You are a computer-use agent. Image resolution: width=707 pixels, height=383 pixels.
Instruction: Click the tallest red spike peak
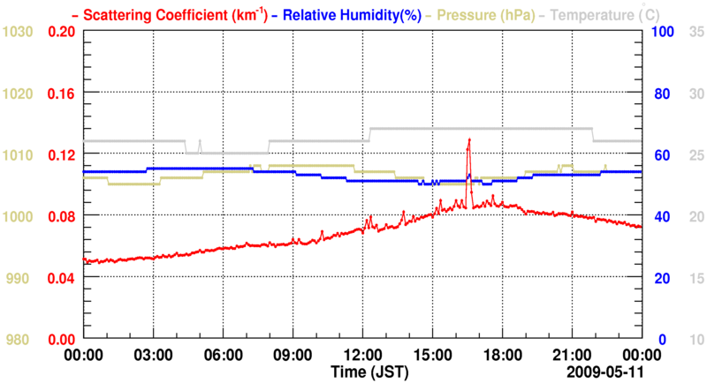click(x=469, y=139)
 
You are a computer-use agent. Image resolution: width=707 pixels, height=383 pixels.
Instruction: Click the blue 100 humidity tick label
click(x=662, y=31)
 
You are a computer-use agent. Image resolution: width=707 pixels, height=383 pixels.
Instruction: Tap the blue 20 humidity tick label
click(x=659, y=278)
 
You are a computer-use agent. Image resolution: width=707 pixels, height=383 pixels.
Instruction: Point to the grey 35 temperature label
click(x=696, y=31)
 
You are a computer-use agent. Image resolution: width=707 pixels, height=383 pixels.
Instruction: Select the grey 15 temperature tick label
click(x=696, y=278)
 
